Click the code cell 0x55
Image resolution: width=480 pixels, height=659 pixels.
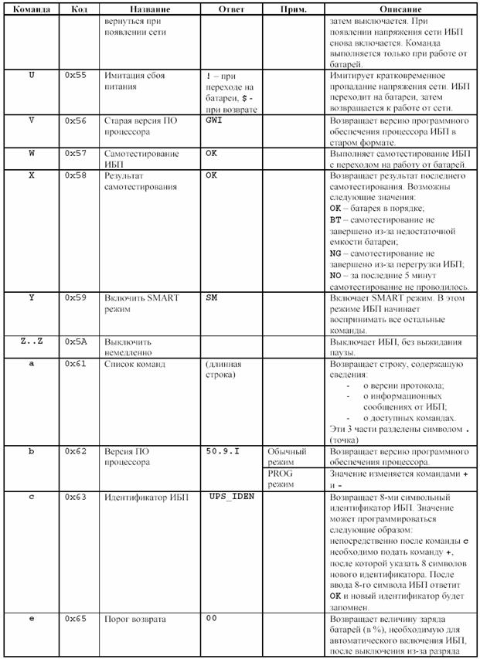click(75, 76)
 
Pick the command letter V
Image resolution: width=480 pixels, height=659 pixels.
click(32, 121)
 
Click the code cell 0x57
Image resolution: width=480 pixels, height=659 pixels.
click(75, 153)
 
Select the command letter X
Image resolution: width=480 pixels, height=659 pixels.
click(32, 176)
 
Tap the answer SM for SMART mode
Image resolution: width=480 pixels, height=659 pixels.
click(211, 297)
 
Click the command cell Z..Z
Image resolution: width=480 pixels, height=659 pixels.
click(32, 341)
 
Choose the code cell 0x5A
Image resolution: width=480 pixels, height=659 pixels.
click(75, 341)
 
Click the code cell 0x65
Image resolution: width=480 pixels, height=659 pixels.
click(75, 619)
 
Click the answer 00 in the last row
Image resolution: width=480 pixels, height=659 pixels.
click(211, 619)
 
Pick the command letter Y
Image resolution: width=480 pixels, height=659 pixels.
click(32, 297)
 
